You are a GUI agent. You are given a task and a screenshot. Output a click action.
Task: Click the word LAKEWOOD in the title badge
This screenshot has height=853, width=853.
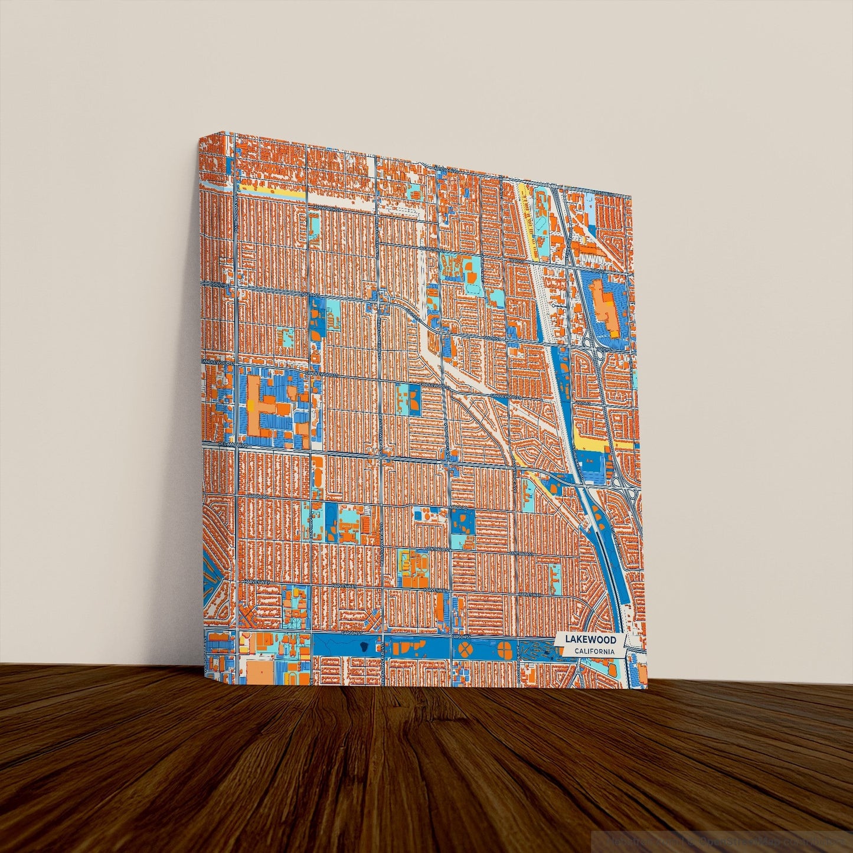tap(590, 639)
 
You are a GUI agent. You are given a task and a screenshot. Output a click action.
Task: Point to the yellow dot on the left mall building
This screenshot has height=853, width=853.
tap(252, 406)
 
